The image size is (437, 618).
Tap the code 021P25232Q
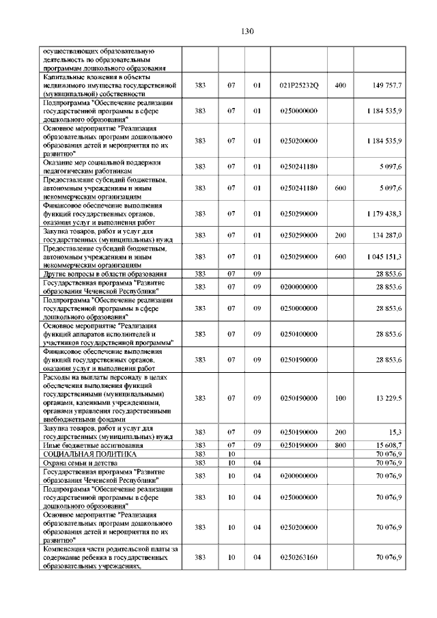click(299, 85)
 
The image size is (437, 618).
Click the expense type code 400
click(340, 85)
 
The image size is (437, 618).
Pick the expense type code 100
click(340, 398)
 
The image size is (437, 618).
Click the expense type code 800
click(340, 445)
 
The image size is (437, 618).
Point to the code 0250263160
click(299, 558)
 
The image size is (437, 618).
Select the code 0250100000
click(299, 334)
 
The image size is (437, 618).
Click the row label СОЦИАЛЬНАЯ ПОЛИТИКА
click(89, 453)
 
